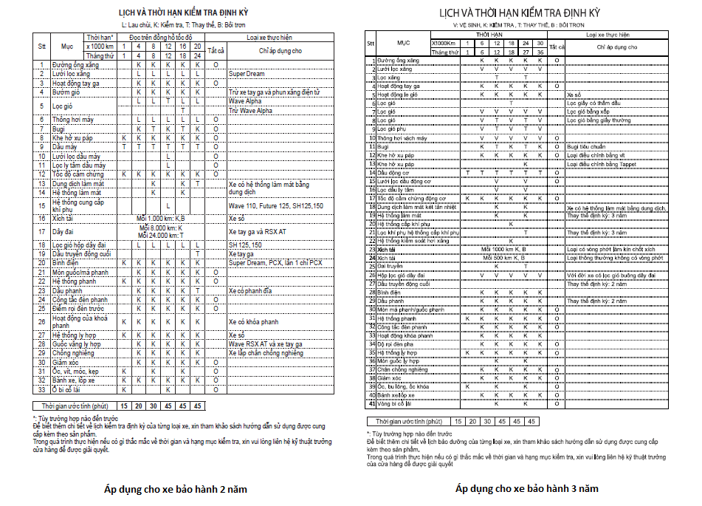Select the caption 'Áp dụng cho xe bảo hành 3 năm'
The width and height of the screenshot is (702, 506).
526,488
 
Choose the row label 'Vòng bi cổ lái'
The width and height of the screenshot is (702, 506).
395,404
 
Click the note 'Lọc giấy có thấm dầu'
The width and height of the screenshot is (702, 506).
593,103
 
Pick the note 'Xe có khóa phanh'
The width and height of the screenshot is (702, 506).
252,322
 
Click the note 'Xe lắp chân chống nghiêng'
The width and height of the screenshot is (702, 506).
266,353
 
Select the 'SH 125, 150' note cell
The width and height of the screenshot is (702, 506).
245,244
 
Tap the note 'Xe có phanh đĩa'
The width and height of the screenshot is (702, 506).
251,291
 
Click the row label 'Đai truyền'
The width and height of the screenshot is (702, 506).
390,264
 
